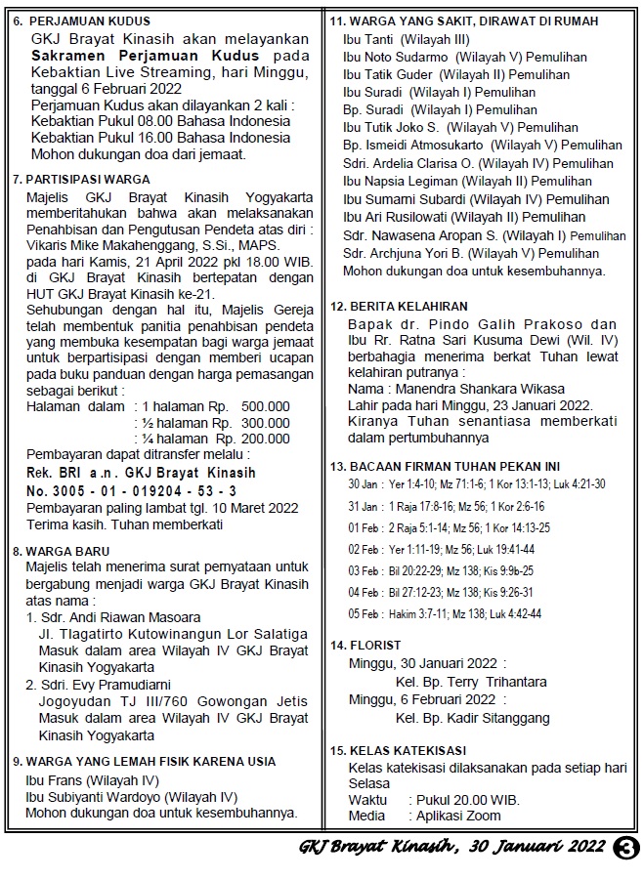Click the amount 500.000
[266, 406]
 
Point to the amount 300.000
[266, 423]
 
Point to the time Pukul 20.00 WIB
[464, 800]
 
